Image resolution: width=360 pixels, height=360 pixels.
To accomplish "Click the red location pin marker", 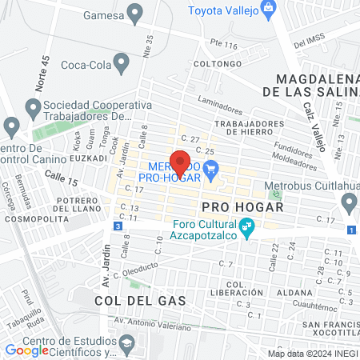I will coord(181,162).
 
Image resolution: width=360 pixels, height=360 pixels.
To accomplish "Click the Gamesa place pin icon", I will coord(135,13).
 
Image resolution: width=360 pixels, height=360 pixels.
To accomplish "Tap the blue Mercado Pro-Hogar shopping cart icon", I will coord(211,168).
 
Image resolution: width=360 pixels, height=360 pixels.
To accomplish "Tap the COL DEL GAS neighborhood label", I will coord(140,301).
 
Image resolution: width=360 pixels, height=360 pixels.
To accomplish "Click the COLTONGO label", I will coord(217,63).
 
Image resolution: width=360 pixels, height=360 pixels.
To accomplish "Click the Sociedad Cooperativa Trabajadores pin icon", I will coord(33,106).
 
